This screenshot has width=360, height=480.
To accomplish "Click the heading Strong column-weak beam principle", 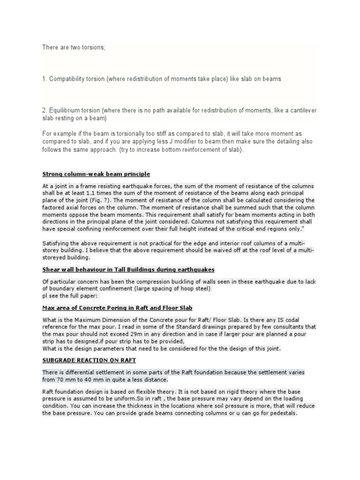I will click(x=96, y=174).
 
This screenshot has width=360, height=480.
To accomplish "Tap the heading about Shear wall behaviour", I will click(x=128, y=270).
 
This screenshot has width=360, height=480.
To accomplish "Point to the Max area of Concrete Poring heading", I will click(x=117, y=307).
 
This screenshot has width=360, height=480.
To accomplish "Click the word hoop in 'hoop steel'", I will click(x=180, y=289).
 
